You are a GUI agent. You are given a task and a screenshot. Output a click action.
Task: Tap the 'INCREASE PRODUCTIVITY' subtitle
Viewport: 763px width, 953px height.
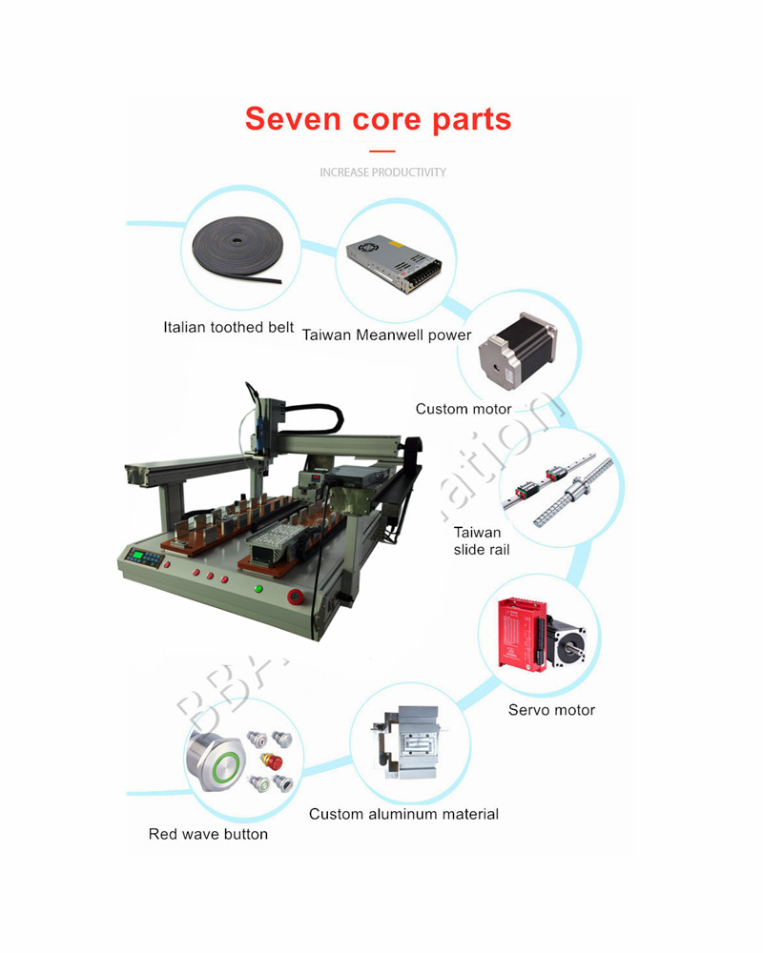pyautogui.click(x=382, y=172)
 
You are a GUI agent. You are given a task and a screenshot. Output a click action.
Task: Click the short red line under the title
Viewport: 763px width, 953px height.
pyautogui.click(x=381, y=151)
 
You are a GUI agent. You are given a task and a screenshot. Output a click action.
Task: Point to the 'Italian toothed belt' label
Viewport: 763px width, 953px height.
pyautogui.click(x=228, y=328)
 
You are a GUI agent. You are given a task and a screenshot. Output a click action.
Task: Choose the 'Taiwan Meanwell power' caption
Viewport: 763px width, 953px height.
pyautogui.click(x=386, y=335)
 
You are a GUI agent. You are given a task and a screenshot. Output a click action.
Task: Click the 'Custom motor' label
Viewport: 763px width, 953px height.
pyautogui.click(x=464, y=409)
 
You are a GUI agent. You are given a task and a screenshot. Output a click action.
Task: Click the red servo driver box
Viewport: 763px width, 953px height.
pyautogui.click(x=525, y=634)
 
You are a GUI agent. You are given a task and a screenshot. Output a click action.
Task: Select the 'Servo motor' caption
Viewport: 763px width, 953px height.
pyautogui.click(x=551, y=710)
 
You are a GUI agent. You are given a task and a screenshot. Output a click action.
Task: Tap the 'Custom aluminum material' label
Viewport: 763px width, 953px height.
pyautogui.click(x=403, y=814)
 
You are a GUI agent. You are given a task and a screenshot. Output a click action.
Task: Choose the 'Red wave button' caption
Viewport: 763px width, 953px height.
pyautogui.click(x=208, y=835)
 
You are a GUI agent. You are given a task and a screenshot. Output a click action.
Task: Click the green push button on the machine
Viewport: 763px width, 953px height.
pyautogui.click(x=258, y=588)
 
